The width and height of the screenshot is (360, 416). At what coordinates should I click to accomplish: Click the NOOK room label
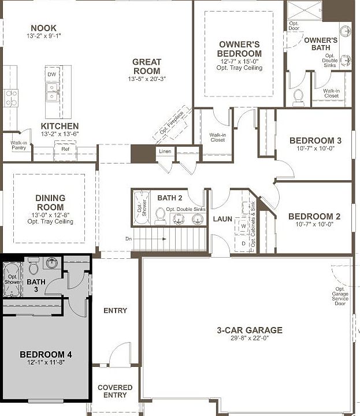pos(44,27)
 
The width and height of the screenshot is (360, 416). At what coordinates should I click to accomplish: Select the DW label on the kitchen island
pos(52,75)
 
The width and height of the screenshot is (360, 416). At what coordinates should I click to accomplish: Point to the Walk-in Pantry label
pos(18,145)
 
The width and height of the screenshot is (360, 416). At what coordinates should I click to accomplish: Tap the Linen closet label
pos(165,151)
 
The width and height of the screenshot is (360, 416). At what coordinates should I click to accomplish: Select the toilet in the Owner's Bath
pos(299,96)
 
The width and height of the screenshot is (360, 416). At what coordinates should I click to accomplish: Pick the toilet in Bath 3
pos(34,267)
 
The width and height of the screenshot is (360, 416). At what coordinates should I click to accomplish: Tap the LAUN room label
pos(222,219)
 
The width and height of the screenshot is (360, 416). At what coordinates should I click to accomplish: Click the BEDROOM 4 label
pos(45,354)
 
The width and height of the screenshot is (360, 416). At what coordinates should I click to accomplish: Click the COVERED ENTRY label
pos(115,391)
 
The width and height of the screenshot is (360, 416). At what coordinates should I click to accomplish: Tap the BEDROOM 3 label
pos(316,140)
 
